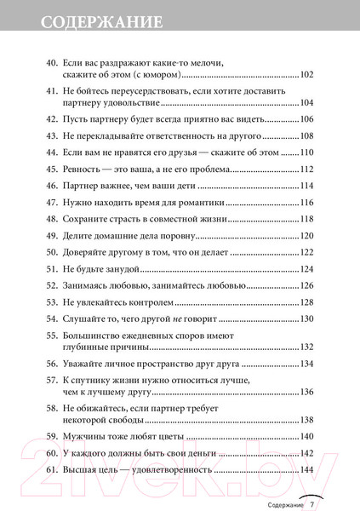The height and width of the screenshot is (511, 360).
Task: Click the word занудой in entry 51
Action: tap(116, 268)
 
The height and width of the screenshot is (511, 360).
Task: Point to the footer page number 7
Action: tap(313, 504)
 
